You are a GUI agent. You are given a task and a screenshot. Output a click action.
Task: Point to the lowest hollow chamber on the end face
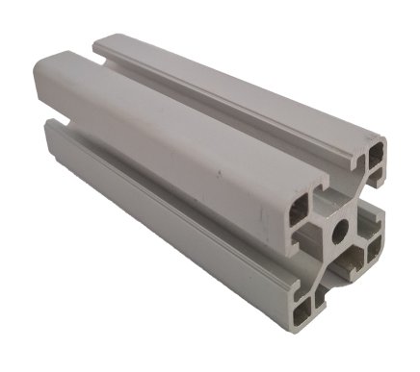[x=307, y=307]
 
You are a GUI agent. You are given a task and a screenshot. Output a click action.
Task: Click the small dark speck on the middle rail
[x=220, y=173]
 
